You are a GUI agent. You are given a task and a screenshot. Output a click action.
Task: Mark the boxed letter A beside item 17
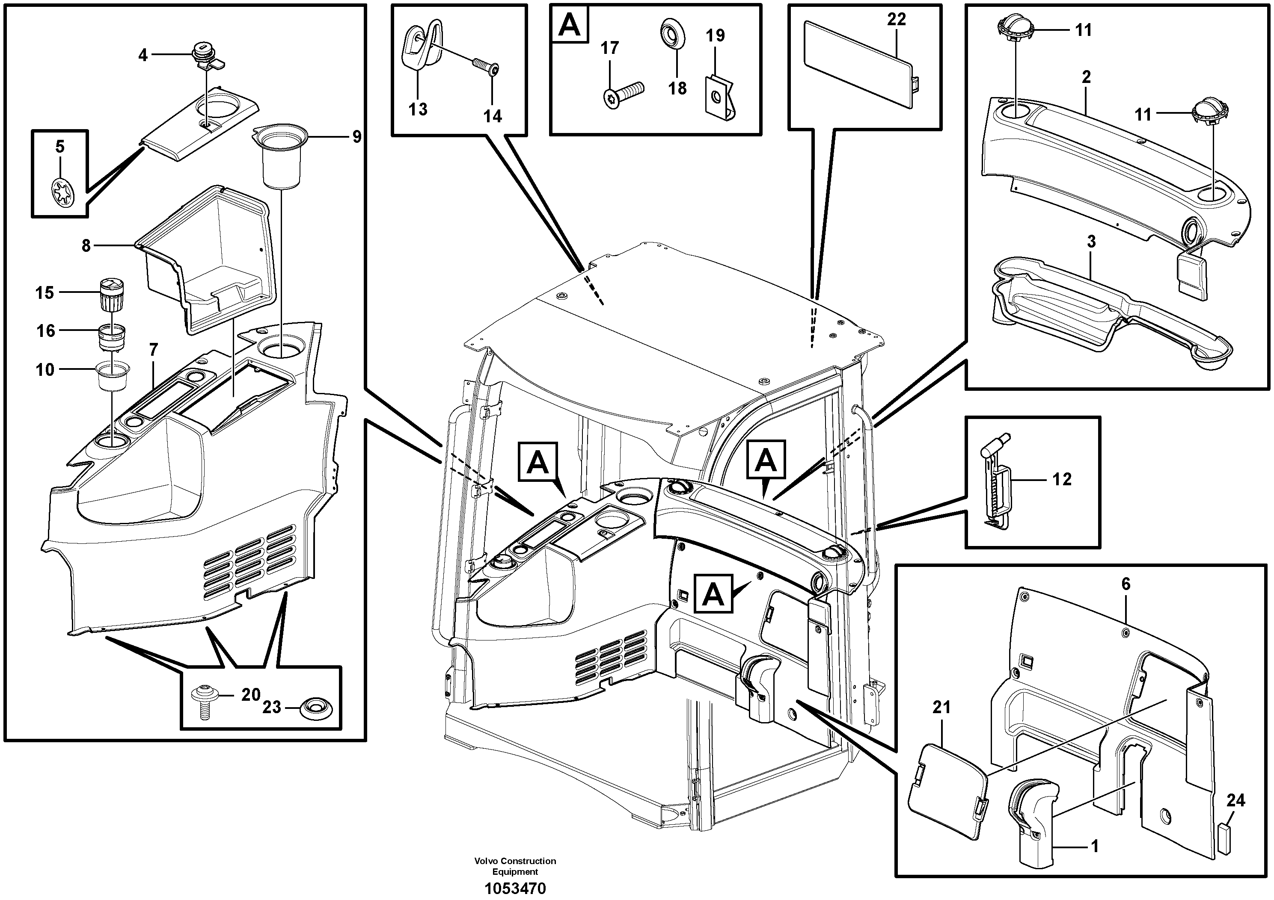pos(569,25)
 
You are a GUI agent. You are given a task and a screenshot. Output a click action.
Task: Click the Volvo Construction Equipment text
pos(515,866)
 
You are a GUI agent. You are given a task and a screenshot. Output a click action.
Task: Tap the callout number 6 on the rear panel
pos(1126,584)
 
